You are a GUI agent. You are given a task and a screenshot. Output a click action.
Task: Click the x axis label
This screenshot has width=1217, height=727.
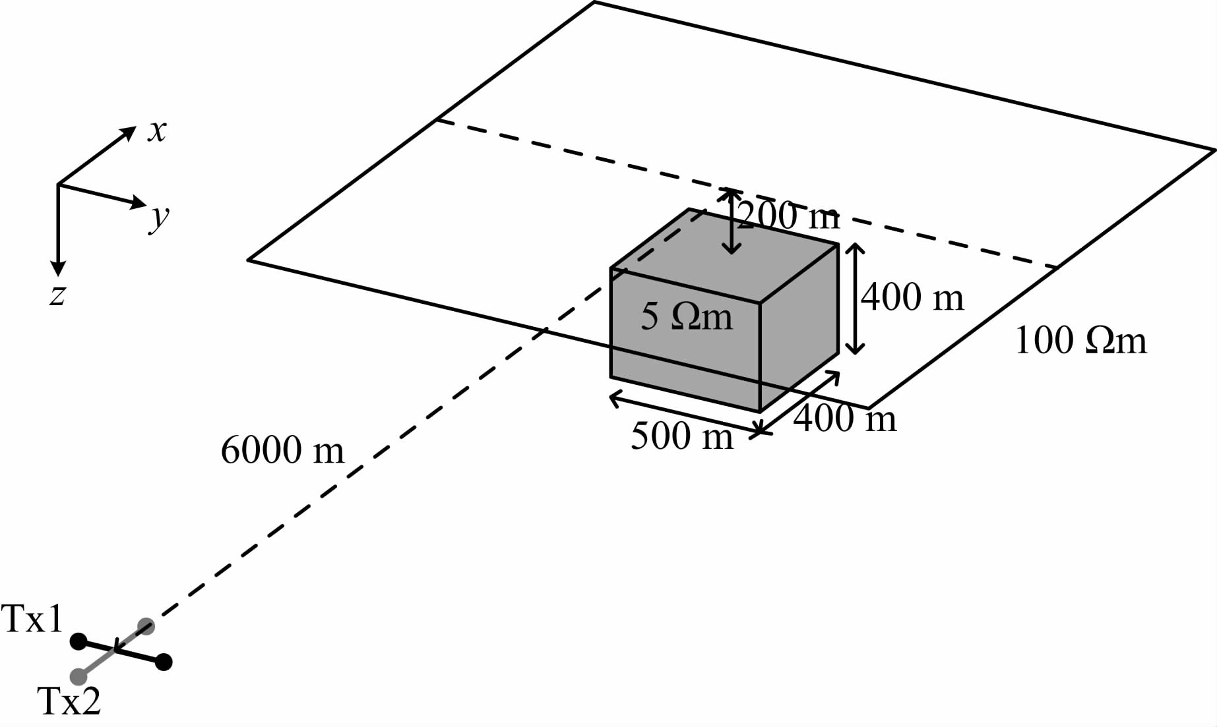coord(157,132)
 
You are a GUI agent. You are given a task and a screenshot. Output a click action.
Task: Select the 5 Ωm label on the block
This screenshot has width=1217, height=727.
coord(686,318)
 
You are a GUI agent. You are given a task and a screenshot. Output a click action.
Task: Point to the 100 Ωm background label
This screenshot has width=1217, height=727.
coord(1080,341)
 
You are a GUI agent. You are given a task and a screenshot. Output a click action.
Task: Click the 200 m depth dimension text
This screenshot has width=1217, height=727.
coord(788,216)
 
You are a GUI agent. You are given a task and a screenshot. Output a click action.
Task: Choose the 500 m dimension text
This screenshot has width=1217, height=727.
coord(681,436)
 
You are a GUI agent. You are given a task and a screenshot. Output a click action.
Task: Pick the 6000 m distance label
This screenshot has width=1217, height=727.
coord(282,451)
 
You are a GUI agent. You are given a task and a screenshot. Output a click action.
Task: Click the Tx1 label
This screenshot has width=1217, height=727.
coord(33,620)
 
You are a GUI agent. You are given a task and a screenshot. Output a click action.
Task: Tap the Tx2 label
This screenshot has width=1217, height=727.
coord(70,701)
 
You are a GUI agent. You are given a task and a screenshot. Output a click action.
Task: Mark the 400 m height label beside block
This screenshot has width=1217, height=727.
coord(912,297)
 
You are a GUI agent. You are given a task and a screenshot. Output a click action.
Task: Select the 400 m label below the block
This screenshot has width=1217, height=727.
coord(845,419)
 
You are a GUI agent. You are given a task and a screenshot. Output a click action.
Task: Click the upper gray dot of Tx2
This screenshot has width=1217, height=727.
coord(146,626)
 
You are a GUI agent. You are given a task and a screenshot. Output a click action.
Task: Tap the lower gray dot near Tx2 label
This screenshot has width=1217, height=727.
coord(78,676)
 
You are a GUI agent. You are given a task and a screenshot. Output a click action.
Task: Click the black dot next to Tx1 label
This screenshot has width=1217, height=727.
coord(78,641)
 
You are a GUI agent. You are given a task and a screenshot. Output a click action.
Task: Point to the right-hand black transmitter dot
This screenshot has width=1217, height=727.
coord(164,662)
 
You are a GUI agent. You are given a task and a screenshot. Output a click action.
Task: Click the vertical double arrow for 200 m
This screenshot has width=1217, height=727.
coord(730,221)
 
